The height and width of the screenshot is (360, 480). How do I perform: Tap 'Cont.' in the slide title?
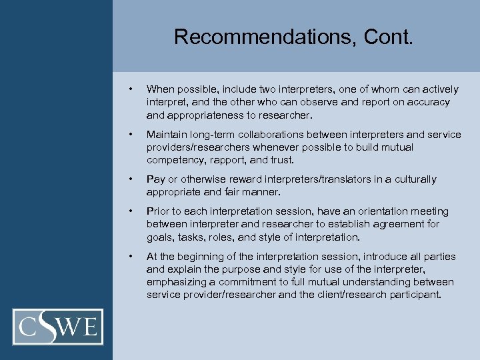click(389, 37)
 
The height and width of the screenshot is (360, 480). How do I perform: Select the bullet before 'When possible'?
click(132, 89)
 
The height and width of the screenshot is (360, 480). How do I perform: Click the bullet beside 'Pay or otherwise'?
click(132, 179)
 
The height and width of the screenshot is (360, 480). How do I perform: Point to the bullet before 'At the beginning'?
click(132, 257)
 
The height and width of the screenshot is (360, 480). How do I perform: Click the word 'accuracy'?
click(427, 102)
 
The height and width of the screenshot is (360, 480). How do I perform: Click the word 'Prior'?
click(158, 211)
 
